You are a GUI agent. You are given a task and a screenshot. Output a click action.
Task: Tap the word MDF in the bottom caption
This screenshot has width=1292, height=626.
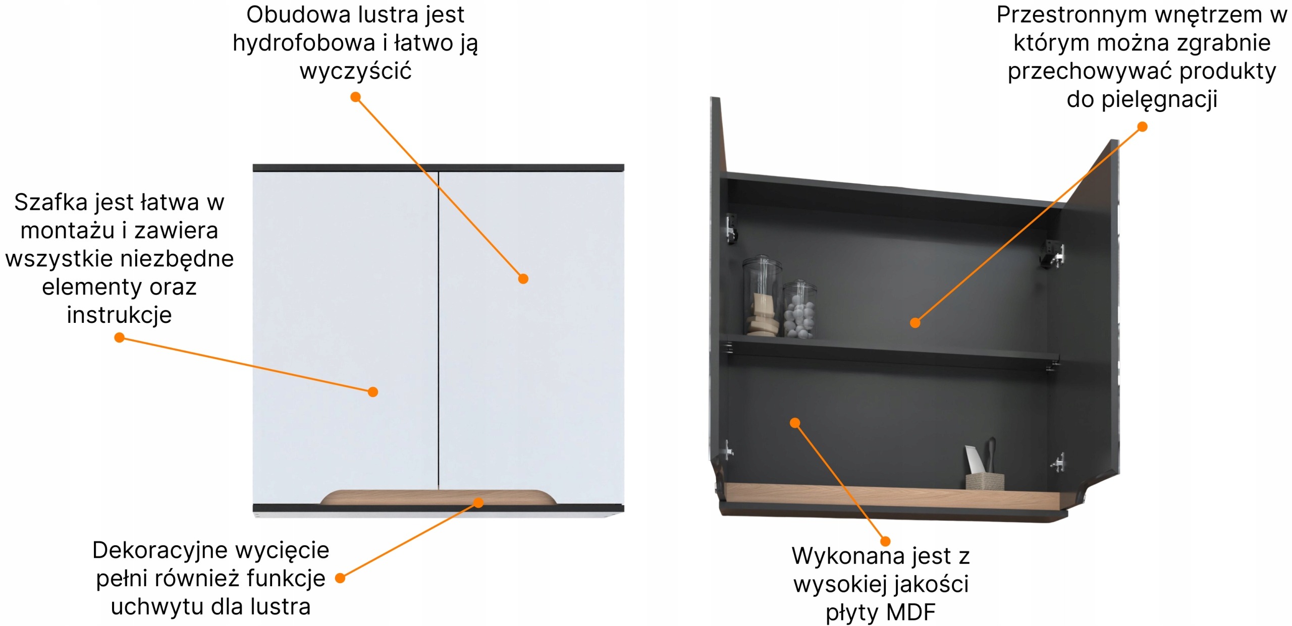[x=910, y=612]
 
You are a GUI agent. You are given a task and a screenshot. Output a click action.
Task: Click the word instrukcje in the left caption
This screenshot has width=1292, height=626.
[x=119, y=315]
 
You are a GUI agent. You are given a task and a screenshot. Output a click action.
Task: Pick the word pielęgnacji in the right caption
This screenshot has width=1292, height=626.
[x=1159, y=99]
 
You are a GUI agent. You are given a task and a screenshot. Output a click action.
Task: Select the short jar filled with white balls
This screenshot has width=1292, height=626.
[x=799, y=310]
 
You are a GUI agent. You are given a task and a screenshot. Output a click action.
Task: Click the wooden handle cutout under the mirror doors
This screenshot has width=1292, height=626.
[x=438, y=497]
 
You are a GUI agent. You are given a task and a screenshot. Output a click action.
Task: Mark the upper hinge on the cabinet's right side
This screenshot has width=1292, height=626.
[x=1054, y=254]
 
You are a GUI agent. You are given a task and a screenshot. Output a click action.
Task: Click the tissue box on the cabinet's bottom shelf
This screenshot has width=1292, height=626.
[x=985, y=481]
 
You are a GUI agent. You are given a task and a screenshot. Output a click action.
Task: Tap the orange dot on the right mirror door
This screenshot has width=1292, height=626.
[x=523, y=279]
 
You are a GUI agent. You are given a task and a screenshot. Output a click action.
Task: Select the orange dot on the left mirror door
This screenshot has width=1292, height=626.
[x=373, y=392]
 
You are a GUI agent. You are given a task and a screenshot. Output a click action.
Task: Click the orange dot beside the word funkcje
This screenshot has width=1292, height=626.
[x=340, y=578]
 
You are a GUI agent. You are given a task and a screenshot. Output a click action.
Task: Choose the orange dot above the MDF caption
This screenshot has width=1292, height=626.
[x=885, y=541]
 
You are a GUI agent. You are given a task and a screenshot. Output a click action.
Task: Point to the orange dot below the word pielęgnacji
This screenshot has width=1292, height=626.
[x=1143, y=127]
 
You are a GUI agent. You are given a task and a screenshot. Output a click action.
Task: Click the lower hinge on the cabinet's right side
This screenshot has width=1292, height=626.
[x=1058, y=463]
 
